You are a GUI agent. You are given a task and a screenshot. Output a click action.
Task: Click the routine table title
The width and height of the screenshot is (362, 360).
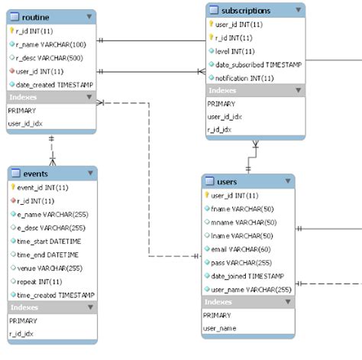[37, 17]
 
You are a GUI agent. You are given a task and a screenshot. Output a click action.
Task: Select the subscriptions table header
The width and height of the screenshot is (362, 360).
[244, 11]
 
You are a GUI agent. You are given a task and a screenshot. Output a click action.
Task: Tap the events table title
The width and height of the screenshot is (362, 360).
[36, 173]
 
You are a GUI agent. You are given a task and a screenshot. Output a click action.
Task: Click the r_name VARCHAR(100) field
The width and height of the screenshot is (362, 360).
[51, 44]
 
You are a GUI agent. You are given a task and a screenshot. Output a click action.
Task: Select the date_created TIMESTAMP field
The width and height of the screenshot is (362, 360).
[55, 84]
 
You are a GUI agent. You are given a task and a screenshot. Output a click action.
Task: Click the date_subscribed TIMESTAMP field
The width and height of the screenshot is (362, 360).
[258, 64]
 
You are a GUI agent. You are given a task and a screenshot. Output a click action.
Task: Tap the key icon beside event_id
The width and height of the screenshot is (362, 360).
[13, 186]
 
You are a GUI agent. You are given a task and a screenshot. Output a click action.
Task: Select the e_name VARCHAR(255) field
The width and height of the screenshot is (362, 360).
[51, 213]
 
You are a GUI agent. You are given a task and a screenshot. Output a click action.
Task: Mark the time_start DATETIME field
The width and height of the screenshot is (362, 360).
[49, 241]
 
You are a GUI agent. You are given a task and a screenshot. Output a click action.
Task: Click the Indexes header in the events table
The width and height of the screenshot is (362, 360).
[24, 307]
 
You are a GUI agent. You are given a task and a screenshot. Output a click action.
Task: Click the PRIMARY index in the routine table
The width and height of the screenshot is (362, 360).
[23, 110]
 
